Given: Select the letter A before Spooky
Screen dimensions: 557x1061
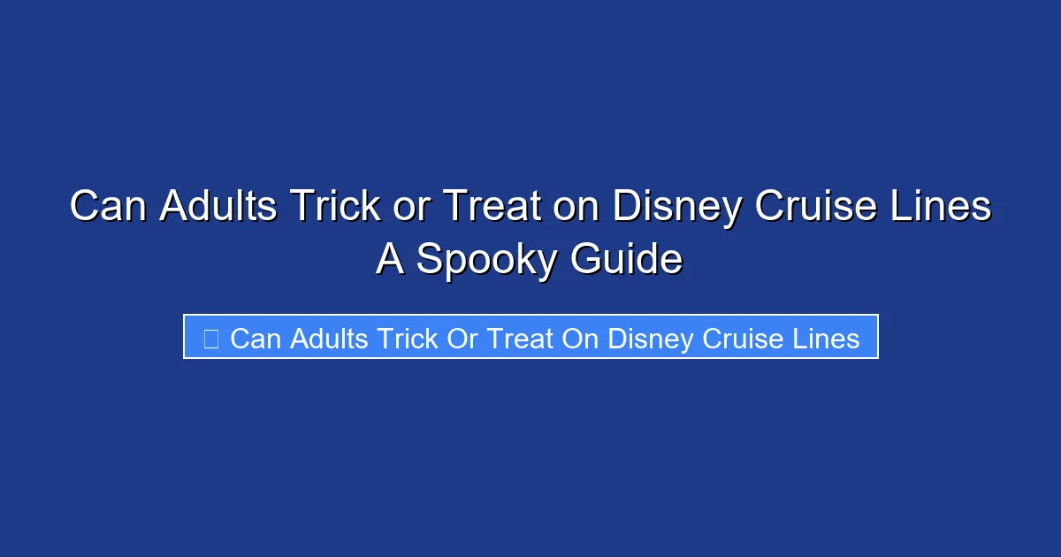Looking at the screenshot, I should [390, 259].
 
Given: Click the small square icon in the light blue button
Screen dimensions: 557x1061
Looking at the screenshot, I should [210, 338].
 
